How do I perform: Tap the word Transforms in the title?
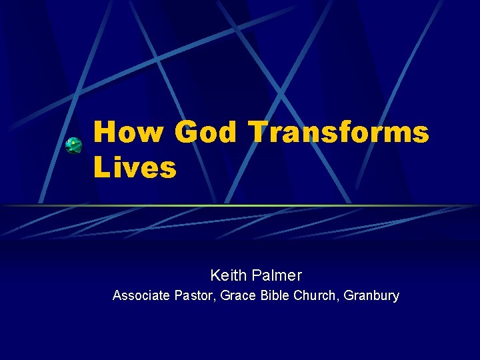pos(339,133)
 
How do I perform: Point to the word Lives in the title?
pos(135,167)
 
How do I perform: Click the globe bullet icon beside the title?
pos(73,145)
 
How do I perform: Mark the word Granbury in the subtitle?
pos(372,295)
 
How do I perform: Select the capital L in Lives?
pos(101,167)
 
